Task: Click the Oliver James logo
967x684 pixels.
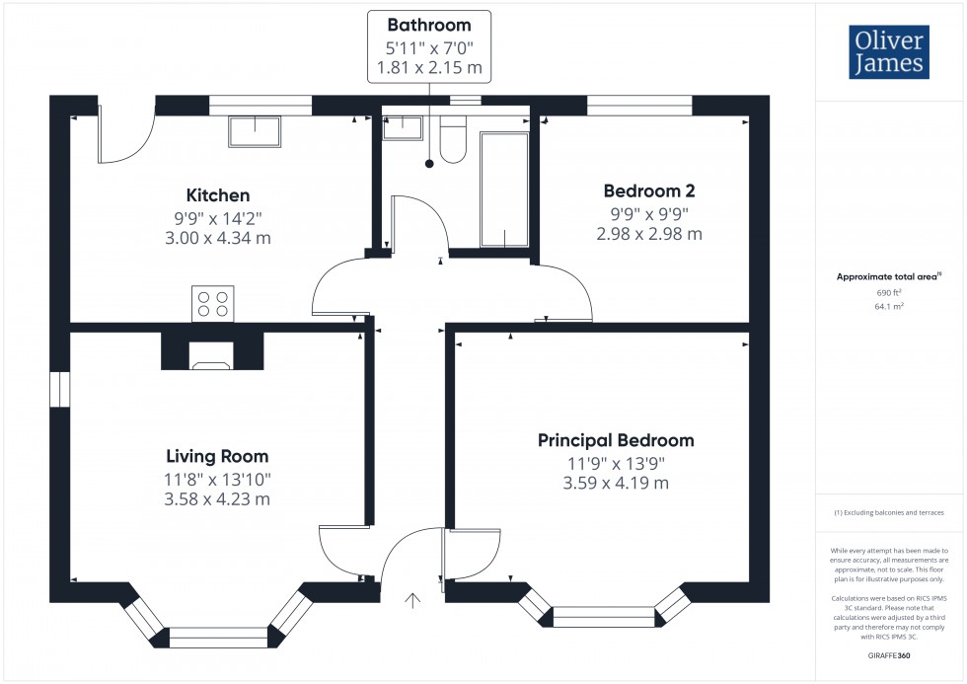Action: tap(889, 51)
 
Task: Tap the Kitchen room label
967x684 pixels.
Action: tap(218, 195)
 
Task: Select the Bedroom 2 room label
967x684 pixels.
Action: tap(649, 191)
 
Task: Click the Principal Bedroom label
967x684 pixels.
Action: tap(616, 440)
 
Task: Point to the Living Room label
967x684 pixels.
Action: tap(217, 456)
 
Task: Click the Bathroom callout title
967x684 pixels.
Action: tap(429, 26)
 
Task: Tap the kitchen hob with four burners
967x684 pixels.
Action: tap(213, 303)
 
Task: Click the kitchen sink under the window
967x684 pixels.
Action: tap(255, 131)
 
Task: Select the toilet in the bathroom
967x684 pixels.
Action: tap(453, 139)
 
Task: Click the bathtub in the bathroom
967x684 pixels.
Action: tap(504, 190)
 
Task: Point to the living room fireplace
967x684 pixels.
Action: tap(212, 351)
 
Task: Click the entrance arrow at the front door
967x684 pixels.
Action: tap(412, 600)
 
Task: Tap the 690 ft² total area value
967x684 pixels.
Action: tap(889, 293)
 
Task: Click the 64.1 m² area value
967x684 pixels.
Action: tap(889, 307)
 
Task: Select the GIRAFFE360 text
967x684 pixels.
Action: tap(889, 655)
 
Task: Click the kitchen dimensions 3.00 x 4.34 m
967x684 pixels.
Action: tap(218, 238)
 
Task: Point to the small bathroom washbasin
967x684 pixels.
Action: tap(403, 127)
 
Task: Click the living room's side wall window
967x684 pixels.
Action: tap(60, 389)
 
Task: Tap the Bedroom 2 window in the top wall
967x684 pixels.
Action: tap(639, 106)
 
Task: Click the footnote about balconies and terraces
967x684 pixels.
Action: tap(889, 512)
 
